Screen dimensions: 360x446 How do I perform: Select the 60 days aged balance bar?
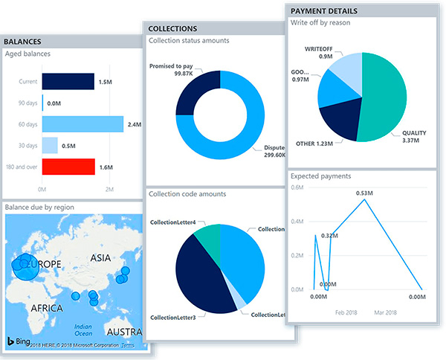click(x=83, y=124)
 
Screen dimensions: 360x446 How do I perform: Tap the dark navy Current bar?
click(x=68, y=82)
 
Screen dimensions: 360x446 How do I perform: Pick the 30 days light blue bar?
click(x=50, y=146)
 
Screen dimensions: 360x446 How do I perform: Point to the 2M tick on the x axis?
click(x=109, y=191)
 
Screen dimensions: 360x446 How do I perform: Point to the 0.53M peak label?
click(x=364, y=193)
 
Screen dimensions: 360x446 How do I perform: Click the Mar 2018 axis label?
click(x=387, y=313)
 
